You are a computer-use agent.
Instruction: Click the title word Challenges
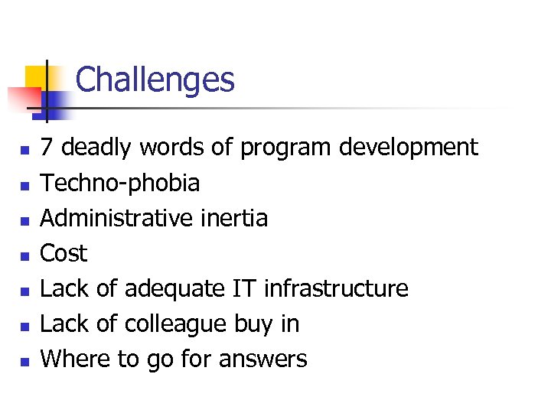[x=155, y=80]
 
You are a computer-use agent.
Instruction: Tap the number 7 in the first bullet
[x=47, y=147]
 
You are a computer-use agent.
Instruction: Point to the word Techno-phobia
[x=120, y=183]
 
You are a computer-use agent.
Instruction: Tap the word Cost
[x=64, y=253]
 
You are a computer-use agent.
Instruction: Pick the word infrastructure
[x=336, y=288]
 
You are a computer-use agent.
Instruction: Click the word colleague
[x=175, y=324]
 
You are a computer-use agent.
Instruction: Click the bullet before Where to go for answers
[x=25, y=361]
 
